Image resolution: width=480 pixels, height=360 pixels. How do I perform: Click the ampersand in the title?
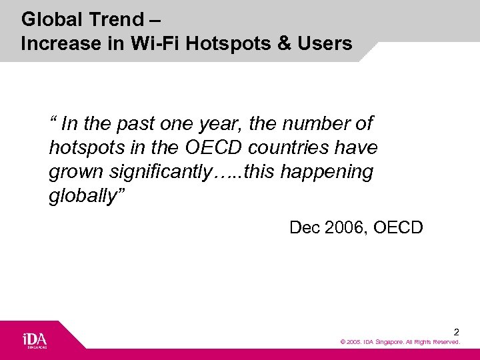tap(284, 44)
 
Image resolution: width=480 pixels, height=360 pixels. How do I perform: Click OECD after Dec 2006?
tap(399, 228)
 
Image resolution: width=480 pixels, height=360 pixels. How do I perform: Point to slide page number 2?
tap(456, 331)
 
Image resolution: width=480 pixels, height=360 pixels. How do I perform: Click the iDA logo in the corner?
tap(35, 339)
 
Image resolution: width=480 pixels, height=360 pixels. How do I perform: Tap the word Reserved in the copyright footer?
tap(446, 342)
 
